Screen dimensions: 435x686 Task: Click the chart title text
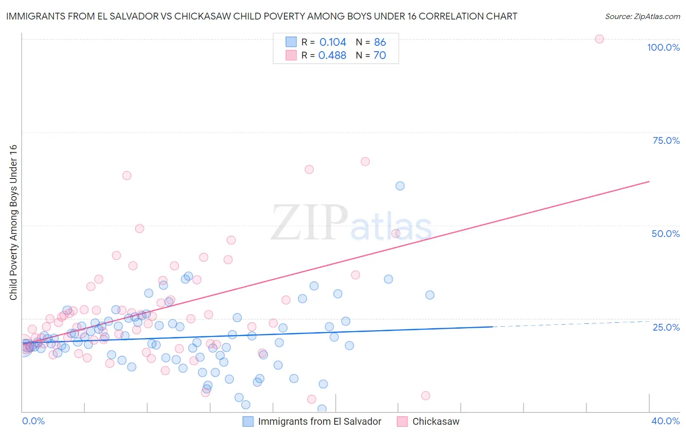click(262, 16)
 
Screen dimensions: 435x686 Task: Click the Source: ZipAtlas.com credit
click(642, 16)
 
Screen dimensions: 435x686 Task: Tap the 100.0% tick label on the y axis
click(663, 47)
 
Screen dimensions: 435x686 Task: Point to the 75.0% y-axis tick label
click(666, 140)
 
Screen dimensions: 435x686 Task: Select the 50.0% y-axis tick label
click(666, 234)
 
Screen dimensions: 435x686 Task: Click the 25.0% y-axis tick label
click(666, 327)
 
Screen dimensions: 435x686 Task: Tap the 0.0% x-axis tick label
click(33, 421)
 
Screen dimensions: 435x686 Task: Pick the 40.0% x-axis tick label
click(666, 421)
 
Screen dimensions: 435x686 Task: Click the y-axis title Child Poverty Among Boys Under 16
click(13, 222)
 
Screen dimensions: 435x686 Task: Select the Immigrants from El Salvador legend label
click(320, 421)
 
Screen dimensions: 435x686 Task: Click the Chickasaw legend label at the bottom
click(436, 421)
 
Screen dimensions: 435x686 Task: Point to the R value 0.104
click(333, 42)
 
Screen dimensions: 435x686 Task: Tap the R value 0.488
click(332, 55)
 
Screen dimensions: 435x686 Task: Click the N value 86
click(380, 42)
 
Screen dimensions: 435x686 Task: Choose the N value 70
click(380, 55)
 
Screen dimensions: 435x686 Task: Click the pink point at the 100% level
click(600, 39)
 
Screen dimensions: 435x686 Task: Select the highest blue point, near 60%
click(400, 186)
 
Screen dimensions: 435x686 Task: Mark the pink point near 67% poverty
click(365, 161)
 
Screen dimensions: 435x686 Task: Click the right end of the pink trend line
click(649, 181)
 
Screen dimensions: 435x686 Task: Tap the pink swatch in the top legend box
click(291, 55)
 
